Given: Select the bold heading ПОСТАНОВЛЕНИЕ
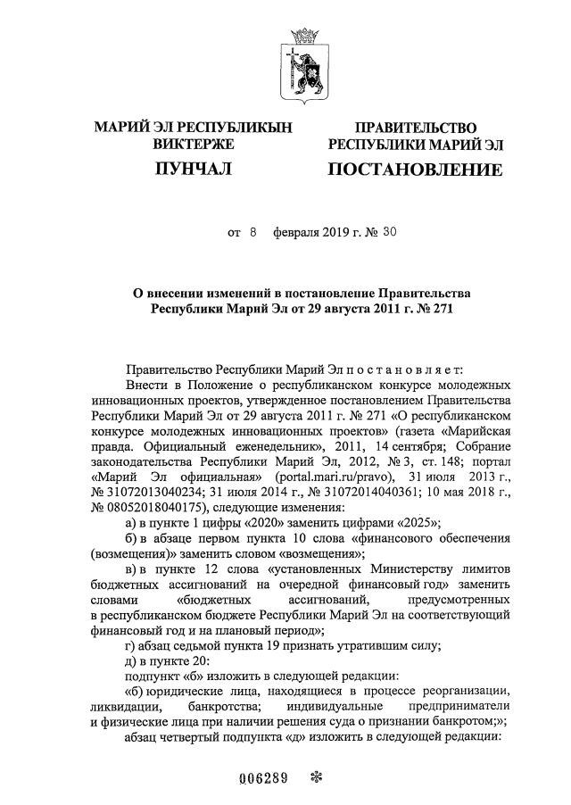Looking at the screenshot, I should pos(414,170).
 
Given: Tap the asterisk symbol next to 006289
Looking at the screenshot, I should pos(313,775).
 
